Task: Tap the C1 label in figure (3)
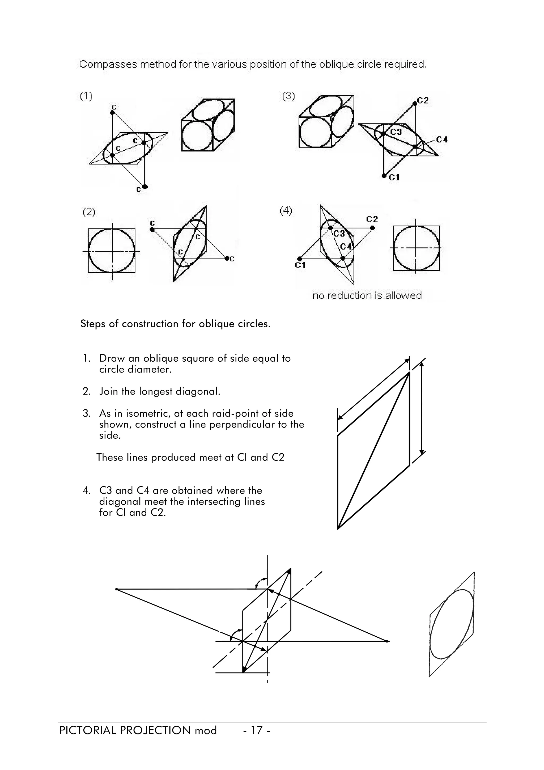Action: coord(394,177)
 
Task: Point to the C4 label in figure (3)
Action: coord(442,139)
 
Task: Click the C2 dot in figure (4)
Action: coord(372,228)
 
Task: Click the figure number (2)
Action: coord(89,212)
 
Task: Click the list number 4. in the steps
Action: coord(87,491)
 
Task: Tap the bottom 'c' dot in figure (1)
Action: coord(145,187)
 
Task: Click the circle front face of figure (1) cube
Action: coord(197,136)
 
